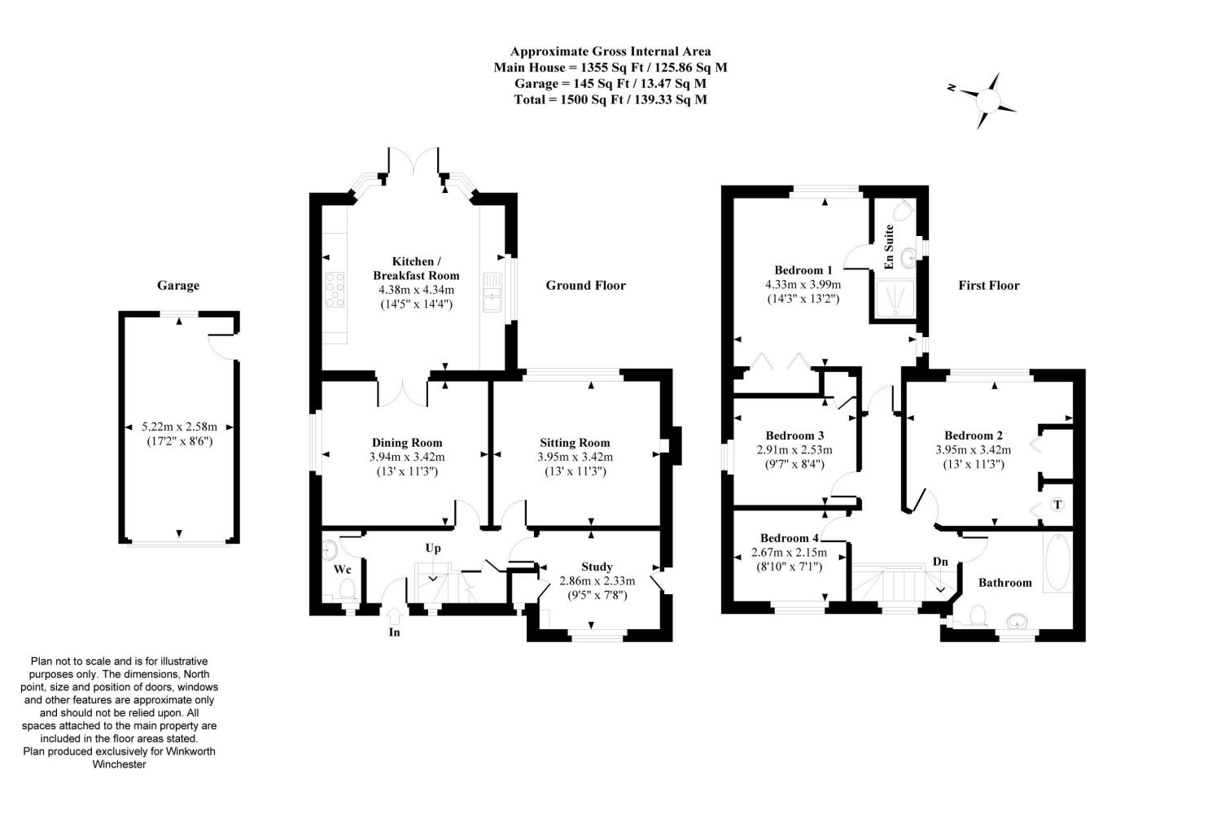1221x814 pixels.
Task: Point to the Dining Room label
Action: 407,443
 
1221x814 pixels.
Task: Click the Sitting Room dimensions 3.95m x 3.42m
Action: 575,457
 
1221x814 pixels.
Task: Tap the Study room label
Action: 597,567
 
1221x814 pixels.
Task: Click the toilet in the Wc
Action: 346,589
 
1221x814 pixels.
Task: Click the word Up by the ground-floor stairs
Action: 433,548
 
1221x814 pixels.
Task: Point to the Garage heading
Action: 178,285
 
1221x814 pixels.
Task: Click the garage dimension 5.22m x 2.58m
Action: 179,426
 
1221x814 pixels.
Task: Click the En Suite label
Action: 890,247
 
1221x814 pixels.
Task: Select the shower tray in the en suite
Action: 894,298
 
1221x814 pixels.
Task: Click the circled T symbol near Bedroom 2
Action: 1057,505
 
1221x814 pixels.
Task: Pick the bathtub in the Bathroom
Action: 1057,562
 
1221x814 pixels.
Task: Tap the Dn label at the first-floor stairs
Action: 940,562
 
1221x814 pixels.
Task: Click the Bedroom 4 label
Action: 789,538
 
